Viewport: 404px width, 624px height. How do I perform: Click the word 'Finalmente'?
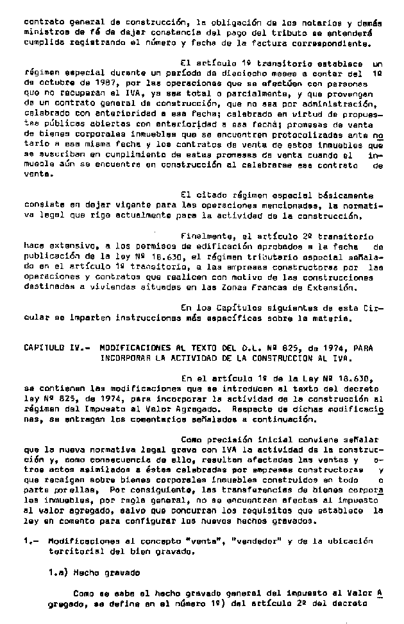(206, 236)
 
